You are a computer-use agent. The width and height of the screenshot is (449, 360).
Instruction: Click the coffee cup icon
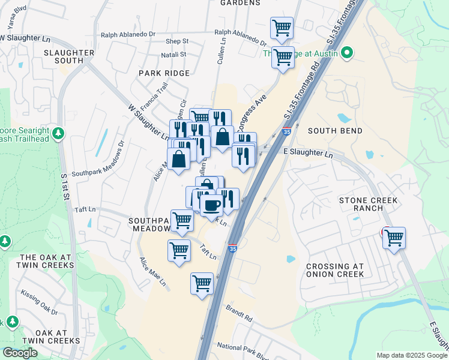tap(211, 205)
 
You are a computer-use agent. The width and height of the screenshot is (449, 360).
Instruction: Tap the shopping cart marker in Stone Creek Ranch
tap(394, 238)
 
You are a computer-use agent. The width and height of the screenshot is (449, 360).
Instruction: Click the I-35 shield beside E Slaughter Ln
tap(287, 131)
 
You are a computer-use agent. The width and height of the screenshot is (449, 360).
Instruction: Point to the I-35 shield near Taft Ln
tap(233, 248)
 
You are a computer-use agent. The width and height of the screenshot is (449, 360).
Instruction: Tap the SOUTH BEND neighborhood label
tap(335, 131)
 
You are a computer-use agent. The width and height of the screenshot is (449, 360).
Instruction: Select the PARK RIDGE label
tap(164, 73)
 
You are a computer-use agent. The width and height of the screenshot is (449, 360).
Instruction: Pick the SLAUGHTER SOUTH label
tap(69, 56)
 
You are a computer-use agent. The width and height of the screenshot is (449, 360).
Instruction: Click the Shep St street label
tap(177, 41)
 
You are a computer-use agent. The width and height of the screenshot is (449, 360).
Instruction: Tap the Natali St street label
tap(175, 55)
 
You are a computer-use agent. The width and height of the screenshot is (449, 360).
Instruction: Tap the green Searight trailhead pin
tap(58, 132)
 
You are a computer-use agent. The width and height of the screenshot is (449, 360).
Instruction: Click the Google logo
tap(20, 353)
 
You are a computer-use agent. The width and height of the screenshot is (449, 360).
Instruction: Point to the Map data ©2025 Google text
tap(411, 355)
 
